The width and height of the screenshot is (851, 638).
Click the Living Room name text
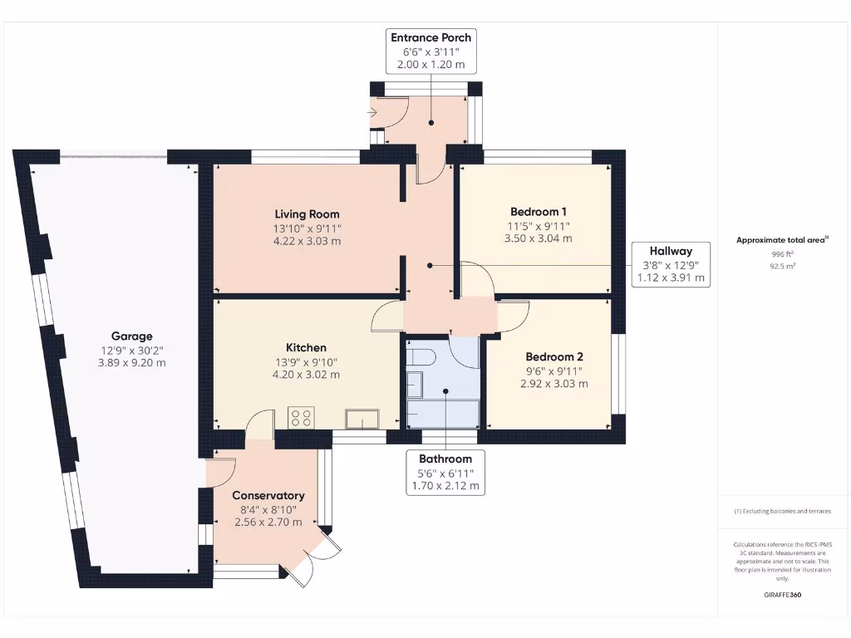pyautogui.click(x=307, y=213)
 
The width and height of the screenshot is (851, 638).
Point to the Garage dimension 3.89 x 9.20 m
pyautogui.click(x=133, y=363)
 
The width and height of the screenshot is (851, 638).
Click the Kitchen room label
pyautogui.click(x=306, y=347)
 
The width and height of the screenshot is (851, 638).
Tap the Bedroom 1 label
pyautogui.click(x=539, y=211)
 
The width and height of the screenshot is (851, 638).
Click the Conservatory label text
pyautogui.click(x=268, y=496)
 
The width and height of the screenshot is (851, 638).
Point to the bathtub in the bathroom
pyautogui.click(x=443, y=413)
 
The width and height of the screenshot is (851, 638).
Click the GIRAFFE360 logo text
pyautogui.click(x=783, y=595)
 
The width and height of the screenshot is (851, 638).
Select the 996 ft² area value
pyautogui.click(x=782, y=254)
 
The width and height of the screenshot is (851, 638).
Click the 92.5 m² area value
pyautogui.click(x=782, y=267)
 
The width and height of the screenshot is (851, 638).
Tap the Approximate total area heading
pyautogui.click(x=782, y=240)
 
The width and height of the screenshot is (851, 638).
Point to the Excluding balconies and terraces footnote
pyautogui.click(x=782, y=512)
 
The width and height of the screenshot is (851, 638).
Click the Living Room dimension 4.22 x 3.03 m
pyautogui.click(x=307, y=242)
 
